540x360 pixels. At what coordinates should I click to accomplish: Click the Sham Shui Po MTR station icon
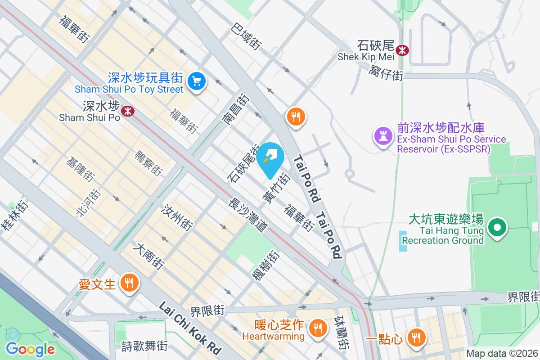tap(128, 111)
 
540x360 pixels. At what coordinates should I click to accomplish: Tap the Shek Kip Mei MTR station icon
tap(402, 49)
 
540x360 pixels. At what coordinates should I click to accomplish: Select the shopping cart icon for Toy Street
tap(196, 81)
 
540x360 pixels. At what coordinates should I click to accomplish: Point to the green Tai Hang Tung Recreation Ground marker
tap(497, 228)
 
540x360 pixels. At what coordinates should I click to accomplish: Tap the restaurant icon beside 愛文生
tap(130, 283)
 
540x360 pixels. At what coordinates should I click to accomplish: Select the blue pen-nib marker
tap(272, 158)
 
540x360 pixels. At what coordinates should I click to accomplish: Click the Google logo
tap(30, 348)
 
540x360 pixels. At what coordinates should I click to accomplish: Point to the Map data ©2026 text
tap(502, 354)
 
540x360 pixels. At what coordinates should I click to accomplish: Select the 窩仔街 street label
tap(386, 72)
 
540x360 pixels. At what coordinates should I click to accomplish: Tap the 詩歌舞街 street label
tap(144, 346)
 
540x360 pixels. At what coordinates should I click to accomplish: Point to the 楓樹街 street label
tap(265, 265)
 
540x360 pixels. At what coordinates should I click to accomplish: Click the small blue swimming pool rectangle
tap(402, 241)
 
